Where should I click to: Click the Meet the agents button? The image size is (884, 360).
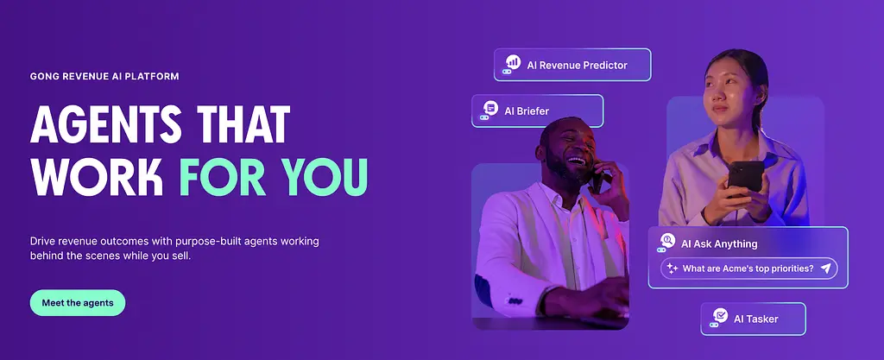78,302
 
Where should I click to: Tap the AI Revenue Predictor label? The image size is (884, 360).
573,65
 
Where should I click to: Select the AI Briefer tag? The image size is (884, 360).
537,111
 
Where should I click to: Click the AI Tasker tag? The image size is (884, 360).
753,319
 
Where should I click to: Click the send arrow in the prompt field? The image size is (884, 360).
826,268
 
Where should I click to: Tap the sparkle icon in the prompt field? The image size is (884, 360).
672,268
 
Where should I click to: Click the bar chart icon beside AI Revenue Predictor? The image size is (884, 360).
513,61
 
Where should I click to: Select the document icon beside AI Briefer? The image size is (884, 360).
490,108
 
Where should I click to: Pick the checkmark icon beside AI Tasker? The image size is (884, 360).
720,315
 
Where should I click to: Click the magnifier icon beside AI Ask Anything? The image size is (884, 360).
667,241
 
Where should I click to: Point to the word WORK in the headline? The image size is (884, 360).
97,177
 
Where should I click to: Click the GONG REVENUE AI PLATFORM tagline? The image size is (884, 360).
104,76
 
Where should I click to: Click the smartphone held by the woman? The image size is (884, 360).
745,177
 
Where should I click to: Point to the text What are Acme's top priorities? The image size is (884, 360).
748,268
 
